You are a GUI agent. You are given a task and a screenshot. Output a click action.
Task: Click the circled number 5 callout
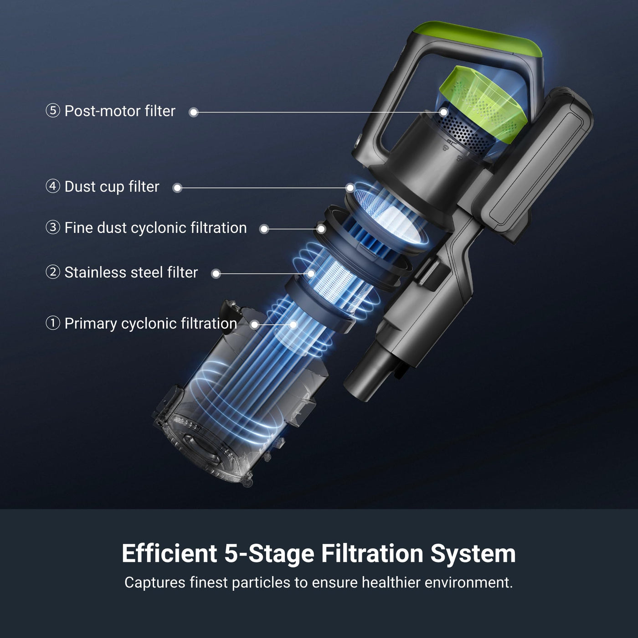53,111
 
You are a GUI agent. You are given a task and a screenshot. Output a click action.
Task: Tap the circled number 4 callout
53,186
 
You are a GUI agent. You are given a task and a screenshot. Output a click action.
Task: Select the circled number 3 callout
53,227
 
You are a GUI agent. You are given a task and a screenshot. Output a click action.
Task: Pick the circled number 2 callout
53,272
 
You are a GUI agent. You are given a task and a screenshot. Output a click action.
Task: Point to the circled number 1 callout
53,323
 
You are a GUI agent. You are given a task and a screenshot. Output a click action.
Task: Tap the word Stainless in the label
93,273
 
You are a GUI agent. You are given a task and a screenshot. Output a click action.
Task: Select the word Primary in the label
90,324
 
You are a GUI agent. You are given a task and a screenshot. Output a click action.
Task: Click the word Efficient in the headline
169,553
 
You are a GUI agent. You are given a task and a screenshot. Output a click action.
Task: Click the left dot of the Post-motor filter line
193,112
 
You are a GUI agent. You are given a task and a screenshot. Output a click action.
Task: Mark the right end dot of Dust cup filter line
350,188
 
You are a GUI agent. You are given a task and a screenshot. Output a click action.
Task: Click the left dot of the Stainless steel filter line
216,273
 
